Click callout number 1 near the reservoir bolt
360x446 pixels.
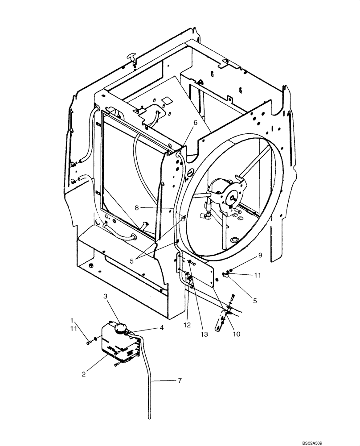(x=72, y=320)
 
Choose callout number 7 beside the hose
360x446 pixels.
(x=180, y=381)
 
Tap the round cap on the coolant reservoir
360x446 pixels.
(x=120, y=329)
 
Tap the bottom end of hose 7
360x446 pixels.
(x=149, y=417)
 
